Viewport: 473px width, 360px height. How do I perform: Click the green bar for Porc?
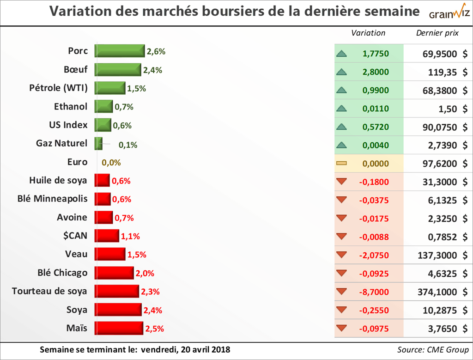pyautogui.click(x=120, y=51)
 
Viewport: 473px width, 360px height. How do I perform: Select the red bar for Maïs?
pyautogui.click(x=119, y=328)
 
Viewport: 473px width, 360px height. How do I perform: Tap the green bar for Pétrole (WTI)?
pyautogui.click(x=110, y=88)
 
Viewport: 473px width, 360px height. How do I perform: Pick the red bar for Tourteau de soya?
pyautogui.click(x=117, y=291)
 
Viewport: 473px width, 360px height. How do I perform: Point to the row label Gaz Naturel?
pyautogui.click(x=61, y=143)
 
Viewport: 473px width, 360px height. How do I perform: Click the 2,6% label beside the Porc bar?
pyautogui.click(x=156, y=52)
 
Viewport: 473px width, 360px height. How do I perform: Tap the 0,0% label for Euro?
pyautogui.click(x=111, y=163)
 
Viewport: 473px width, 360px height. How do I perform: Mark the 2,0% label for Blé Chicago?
pyautogui.click(x=145, y=274)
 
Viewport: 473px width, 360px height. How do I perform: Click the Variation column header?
pyautogui.click(x=368, y=33)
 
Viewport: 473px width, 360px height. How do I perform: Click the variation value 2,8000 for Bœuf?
pyautogui.click(x=376, y=72)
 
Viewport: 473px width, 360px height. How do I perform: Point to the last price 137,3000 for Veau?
pyautogui.click(x=439, y=255)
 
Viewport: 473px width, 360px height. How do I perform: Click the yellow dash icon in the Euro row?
pyautogui.click(x=342, y=163)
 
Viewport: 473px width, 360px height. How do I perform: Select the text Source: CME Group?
pyautogui.click(x=433, y=349)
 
